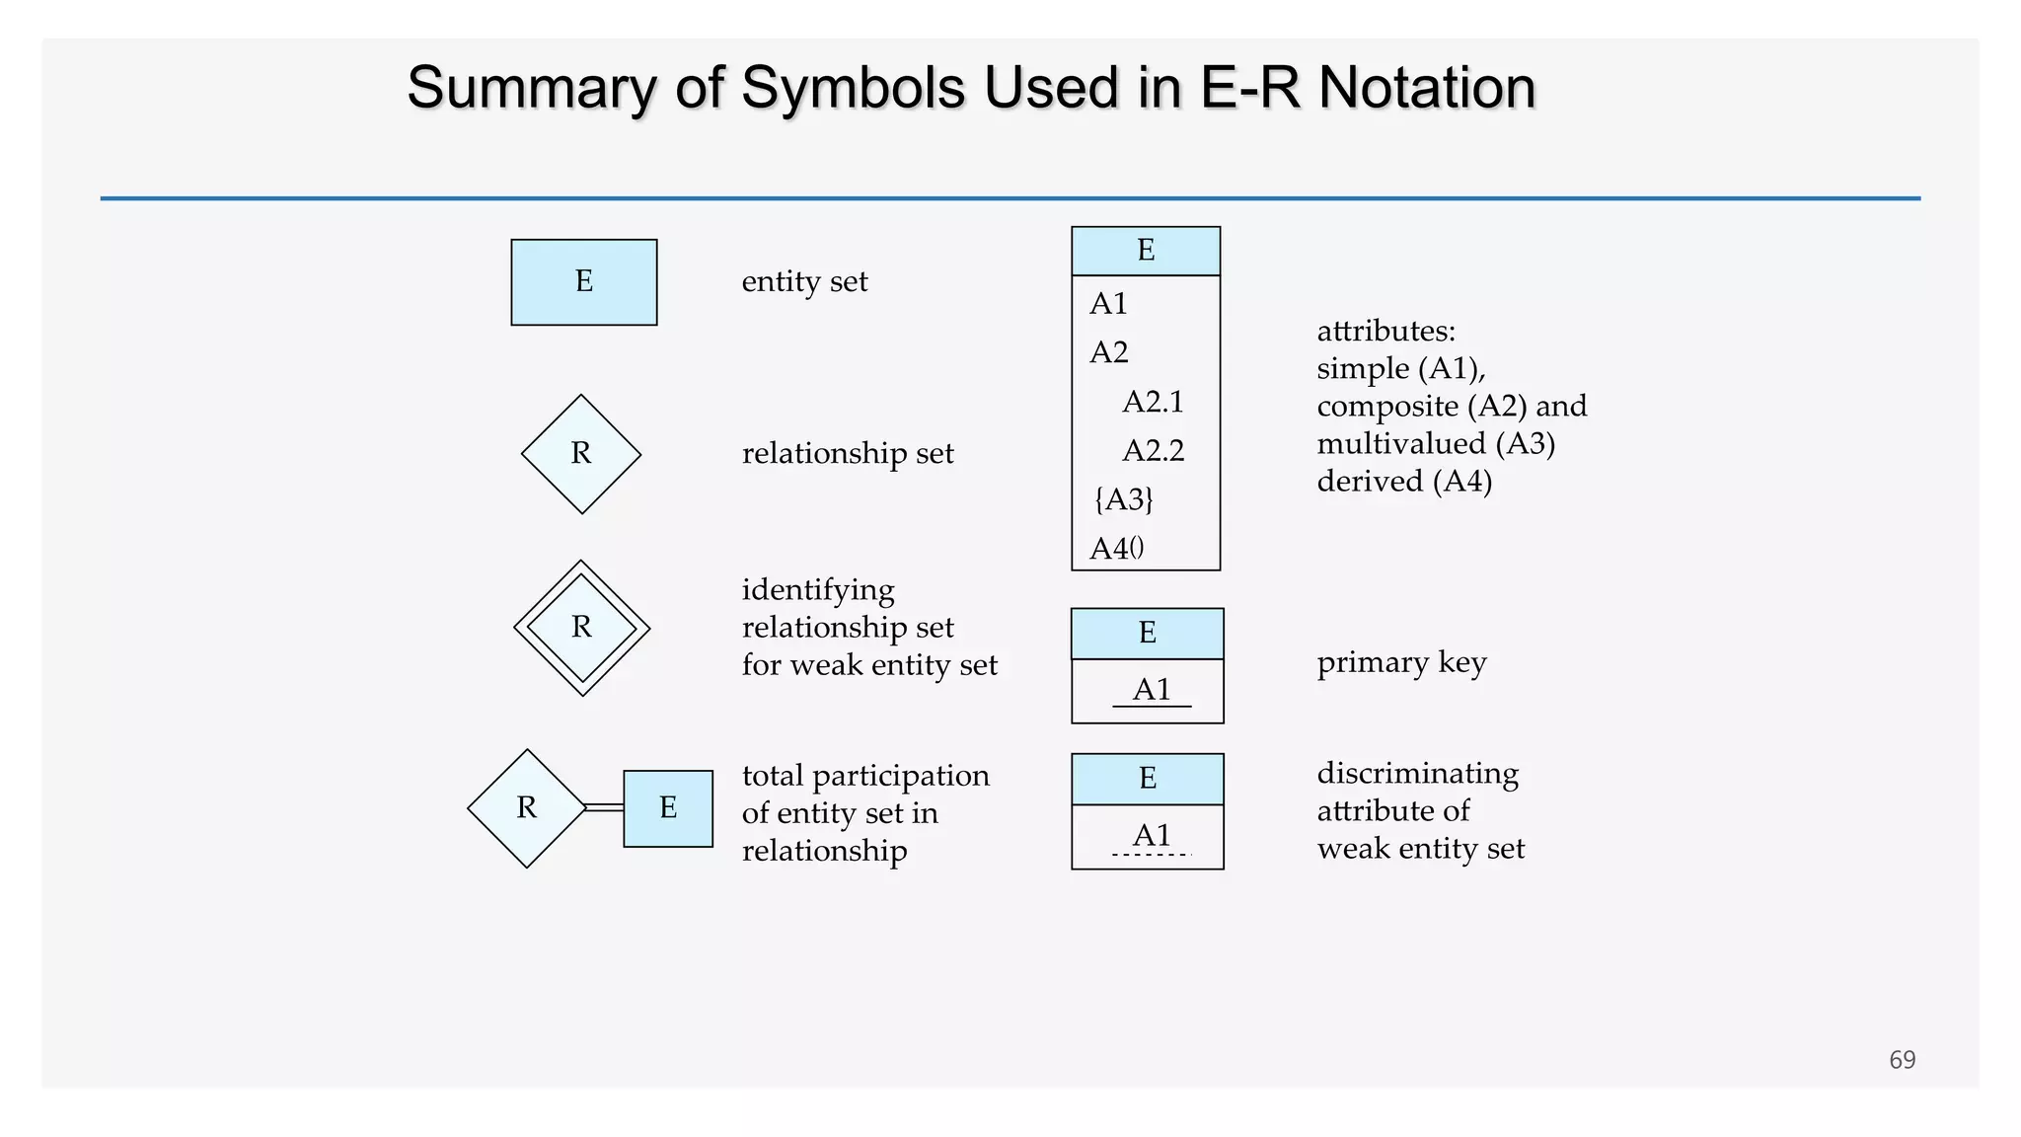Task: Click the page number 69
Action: [1902, 1059]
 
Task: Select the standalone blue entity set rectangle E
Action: [583, 282]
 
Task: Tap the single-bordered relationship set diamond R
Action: [581, 454]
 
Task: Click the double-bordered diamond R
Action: [582, 628]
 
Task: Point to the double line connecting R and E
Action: [604, 807]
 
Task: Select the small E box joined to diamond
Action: [668, 808]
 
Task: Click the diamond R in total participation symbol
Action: [527, 808]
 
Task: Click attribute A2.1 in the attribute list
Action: [1153, 402]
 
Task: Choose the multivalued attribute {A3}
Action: [1123, 499]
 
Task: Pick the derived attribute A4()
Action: [1116, 548]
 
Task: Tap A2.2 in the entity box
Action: [1153, 451]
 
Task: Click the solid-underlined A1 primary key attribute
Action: [1152, 689]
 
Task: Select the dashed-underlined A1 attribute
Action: [1152, 835]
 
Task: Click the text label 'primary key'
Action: [1401, 662]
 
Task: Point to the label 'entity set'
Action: [804, 282]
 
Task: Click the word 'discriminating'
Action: [1417, 773]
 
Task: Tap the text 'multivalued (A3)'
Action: [1435, 444]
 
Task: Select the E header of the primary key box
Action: [1147, 633]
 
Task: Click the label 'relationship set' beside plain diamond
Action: [848, 454]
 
